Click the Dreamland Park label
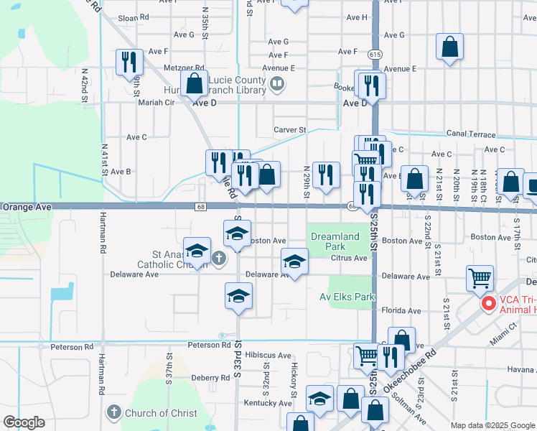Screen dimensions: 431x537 pos(335,241)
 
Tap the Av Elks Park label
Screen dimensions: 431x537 pos(347,296)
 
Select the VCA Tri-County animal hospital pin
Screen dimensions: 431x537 pos(489,304)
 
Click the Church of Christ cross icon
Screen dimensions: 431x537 pos(113,412)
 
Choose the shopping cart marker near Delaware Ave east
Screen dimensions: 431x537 pos(480,278)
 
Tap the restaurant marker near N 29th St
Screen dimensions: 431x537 pos(326,175)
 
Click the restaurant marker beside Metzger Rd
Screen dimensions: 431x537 pos(129,62)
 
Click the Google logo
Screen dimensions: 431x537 pos(24,422)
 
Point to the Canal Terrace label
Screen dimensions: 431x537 pos(471,134)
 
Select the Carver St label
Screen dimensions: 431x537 pos(289,130)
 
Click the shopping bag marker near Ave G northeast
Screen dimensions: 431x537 pos(449,47)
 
